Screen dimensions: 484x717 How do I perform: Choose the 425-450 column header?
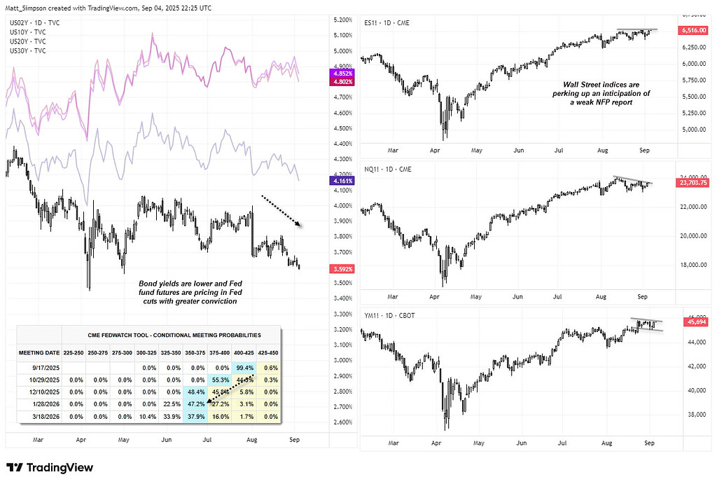point(267,352)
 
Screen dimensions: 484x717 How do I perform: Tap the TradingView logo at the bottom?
point(50,467)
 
